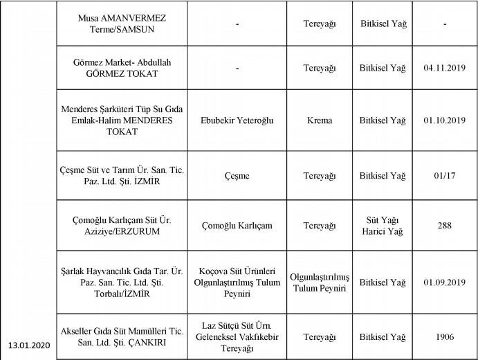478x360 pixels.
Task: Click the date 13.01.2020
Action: click(x=28, y=345)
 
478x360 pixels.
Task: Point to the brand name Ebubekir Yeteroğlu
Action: click(x=237, y=120)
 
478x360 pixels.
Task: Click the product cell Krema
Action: click(x=319, y=120)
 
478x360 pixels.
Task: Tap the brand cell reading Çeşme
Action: click(x=237, y=176)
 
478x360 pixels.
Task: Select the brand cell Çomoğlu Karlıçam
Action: click(x=237, y=226)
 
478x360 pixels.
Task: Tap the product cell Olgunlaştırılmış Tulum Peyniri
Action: click(x=319, y=282)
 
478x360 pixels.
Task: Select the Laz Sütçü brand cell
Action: click(x=237, y=336)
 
